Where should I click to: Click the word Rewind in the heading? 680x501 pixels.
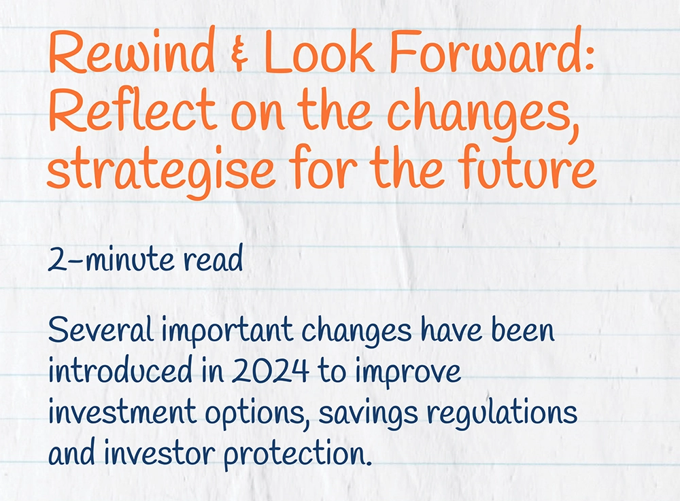[131, 52]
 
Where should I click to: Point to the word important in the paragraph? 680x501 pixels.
[228, 333]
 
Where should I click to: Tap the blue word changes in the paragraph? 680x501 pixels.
[356, 334]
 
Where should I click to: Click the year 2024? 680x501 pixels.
[271, 373]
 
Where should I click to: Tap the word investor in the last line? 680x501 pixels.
[163, 453]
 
